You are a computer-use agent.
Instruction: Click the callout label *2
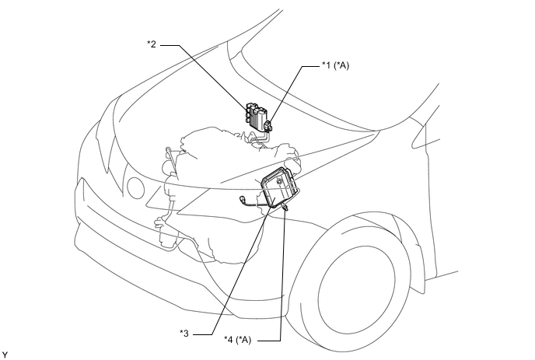click(x=152, y=44)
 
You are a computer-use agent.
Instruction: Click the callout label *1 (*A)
click(x=336, y=65)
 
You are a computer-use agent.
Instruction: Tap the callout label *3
click(x=184, y=333)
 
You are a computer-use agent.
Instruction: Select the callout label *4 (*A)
click(x=237, y=340)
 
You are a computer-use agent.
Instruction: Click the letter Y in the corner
click(x=4, y=355)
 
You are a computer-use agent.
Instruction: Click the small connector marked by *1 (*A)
click(x=269, y=125)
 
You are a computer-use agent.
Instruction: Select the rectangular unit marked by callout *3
click(x=278, y=187)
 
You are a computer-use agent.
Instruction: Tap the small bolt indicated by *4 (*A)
click(x=285, y=206)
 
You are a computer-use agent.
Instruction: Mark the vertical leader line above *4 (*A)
click(x=282, y=275)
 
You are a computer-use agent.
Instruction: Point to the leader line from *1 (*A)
click(x=285, y=94)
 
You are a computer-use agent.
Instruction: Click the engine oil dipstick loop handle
click(x=168, y=151)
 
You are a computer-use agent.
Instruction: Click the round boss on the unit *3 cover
click(x=280, y=183)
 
